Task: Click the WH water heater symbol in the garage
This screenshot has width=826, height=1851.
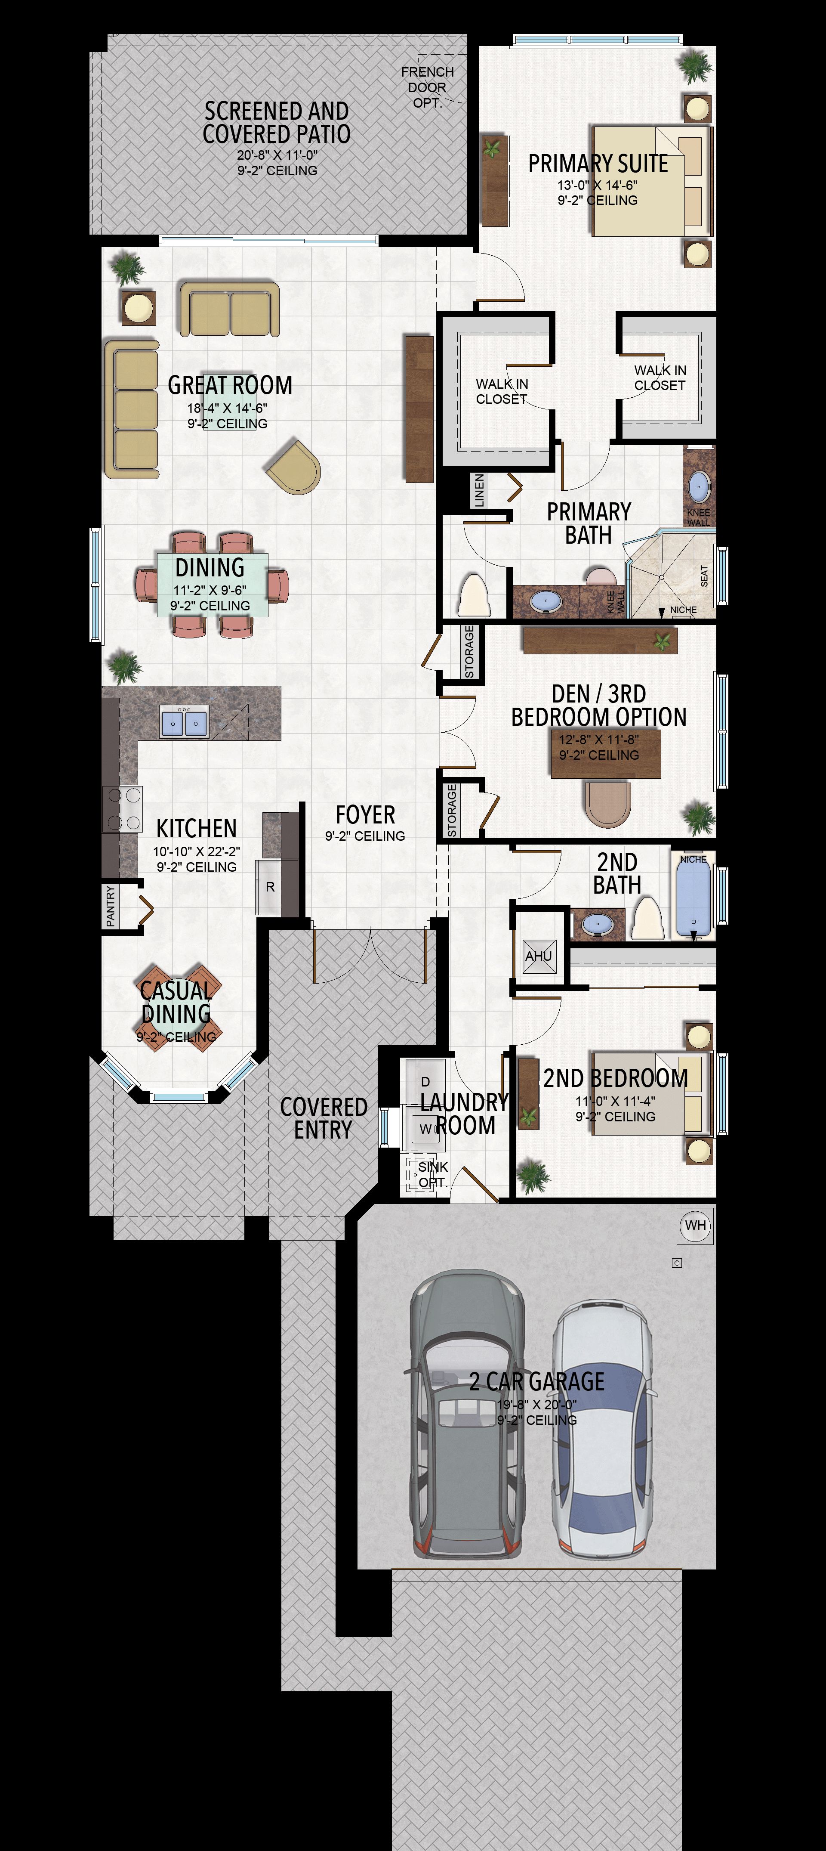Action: pyautogui.click(x=695, y=1225)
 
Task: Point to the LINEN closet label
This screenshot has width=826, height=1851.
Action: pyautogui.click(x=479, y=490)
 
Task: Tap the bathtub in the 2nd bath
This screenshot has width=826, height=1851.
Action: pyautogui.click(x=693, y=899)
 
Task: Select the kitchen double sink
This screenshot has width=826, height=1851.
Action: pyautogui.click(x=185, y=722)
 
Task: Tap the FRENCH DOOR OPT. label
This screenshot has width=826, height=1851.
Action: pyautogui.click(x=427, y=87)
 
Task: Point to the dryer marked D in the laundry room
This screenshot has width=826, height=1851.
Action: pyautogui.click(x=425, y=1081)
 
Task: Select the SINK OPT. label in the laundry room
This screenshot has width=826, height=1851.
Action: pyautogui.click(x=433, y=1175)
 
